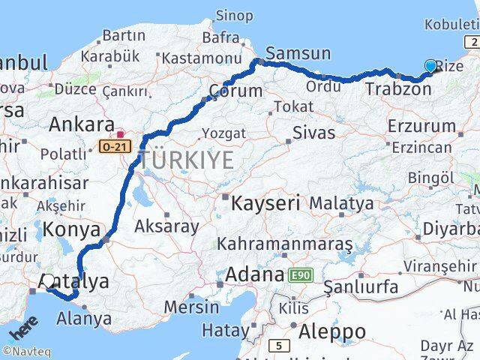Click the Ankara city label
(x=81, y=124)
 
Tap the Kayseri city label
(x=265, y=202)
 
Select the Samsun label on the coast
(x=298, y=53)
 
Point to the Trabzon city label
(x=398, y=89)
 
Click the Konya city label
(x=71, y=229)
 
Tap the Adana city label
(x=256, y=274)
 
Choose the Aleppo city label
(x=332, y=331)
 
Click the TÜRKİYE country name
(x=185, y=160)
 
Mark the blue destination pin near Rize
(x=430, y=67)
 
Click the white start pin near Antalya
(x=49, y=282)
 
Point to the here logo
(x=23, y=330)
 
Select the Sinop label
(x=234, y=15)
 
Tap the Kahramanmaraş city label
(x=284, y=244)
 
